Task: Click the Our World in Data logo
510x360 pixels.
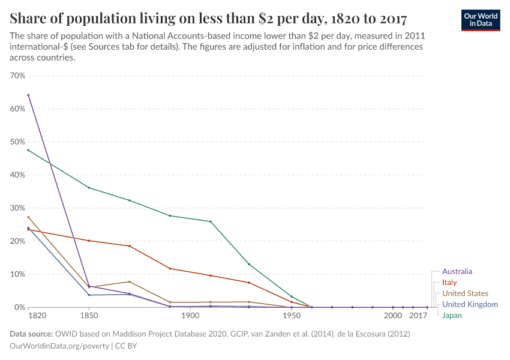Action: (480, 20)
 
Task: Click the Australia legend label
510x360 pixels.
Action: (457, 271)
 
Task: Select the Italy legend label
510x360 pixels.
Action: (449, 282)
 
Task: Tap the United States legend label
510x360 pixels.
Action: (465, 293)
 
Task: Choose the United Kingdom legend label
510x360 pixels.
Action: (470, 304)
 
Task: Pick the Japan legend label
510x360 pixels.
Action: (452, 316)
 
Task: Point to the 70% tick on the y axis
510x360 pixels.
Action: (17, 76)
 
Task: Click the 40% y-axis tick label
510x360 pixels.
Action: (17, 175)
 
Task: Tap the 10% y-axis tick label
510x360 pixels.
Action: (17, 274)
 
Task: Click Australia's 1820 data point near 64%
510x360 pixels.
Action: (28, 95)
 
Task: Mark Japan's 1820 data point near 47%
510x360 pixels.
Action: (28, 150)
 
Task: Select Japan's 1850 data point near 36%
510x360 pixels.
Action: (89, 188)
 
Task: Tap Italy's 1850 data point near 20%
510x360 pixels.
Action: (89, 241)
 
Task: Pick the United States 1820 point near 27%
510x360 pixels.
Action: (28, 217)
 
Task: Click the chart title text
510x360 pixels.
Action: (208, 19)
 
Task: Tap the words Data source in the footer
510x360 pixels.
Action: (31, 334)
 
